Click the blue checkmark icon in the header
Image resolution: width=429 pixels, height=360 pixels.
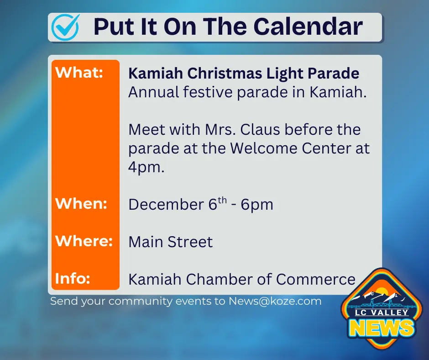[x=65, y=27]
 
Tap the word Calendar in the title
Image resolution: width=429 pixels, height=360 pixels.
[x=308, y=27]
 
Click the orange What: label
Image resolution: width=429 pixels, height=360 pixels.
[x=79, y=73]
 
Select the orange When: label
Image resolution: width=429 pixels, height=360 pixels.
[x=81, y=204]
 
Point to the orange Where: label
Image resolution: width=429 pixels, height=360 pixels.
[x=84, y=241]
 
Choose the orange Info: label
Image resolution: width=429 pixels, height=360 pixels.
[x=72, y=278]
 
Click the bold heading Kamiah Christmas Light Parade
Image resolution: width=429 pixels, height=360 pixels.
[x=244, y=73]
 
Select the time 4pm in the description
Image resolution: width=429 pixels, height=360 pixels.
[x=146, y=168]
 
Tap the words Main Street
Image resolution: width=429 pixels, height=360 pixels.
[x=171, y=242]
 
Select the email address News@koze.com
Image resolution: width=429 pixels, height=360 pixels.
[x=275, y=301]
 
